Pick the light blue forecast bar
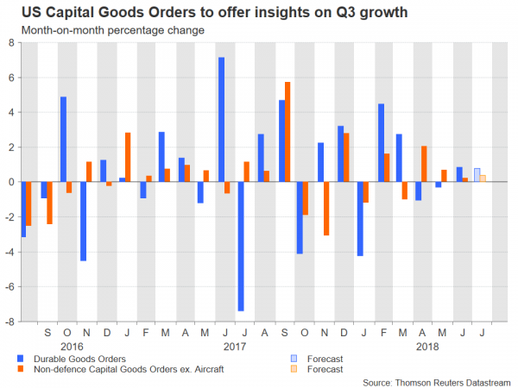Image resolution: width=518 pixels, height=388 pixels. tap(477, 175)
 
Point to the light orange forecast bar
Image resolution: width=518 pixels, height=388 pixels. tap(483, 178)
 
